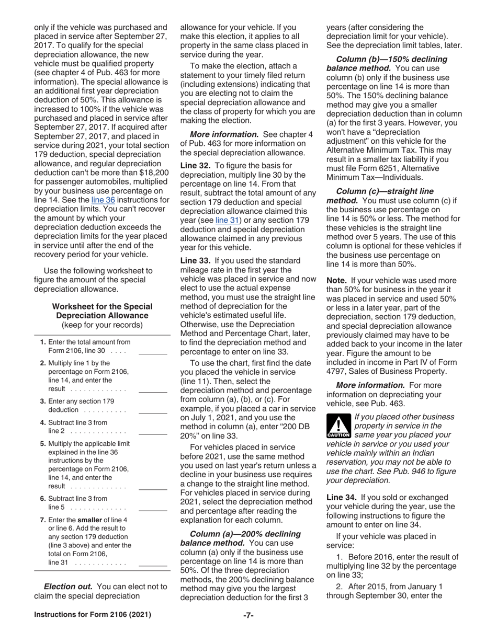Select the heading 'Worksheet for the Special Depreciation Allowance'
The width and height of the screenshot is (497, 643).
tap(102, 311)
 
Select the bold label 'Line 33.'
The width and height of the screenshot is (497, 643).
tap(196, 260)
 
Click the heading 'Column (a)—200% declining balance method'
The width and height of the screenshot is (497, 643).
tap(245, 538)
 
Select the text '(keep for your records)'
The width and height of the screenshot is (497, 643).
tap(102, 325)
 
